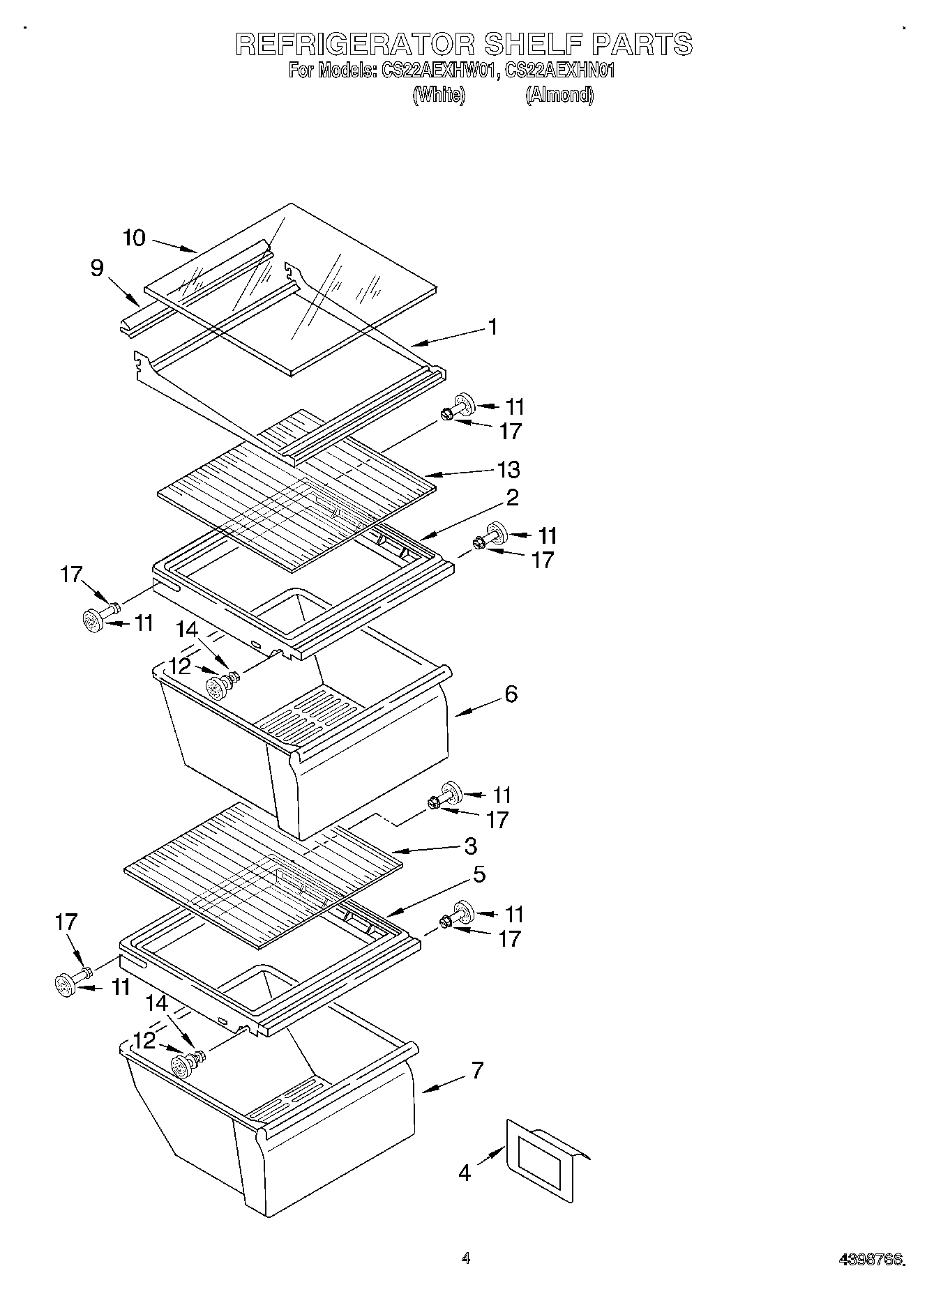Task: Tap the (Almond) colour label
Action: (x=559, y=95)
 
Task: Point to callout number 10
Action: (x=134, y=238)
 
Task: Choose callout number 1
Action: (x=493, y=326)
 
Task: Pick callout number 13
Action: (x=509, y=469)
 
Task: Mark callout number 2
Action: (x=512, y=498)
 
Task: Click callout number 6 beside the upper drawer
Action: (x=511, y=694)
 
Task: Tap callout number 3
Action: (x=471, y=846)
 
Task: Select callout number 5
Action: (x=479, y=874)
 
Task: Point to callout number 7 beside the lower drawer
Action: (x=477, y=1070)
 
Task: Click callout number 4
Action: (x=465, y=1173)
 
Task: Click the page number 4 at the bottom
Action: (x=465, y=1258)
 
